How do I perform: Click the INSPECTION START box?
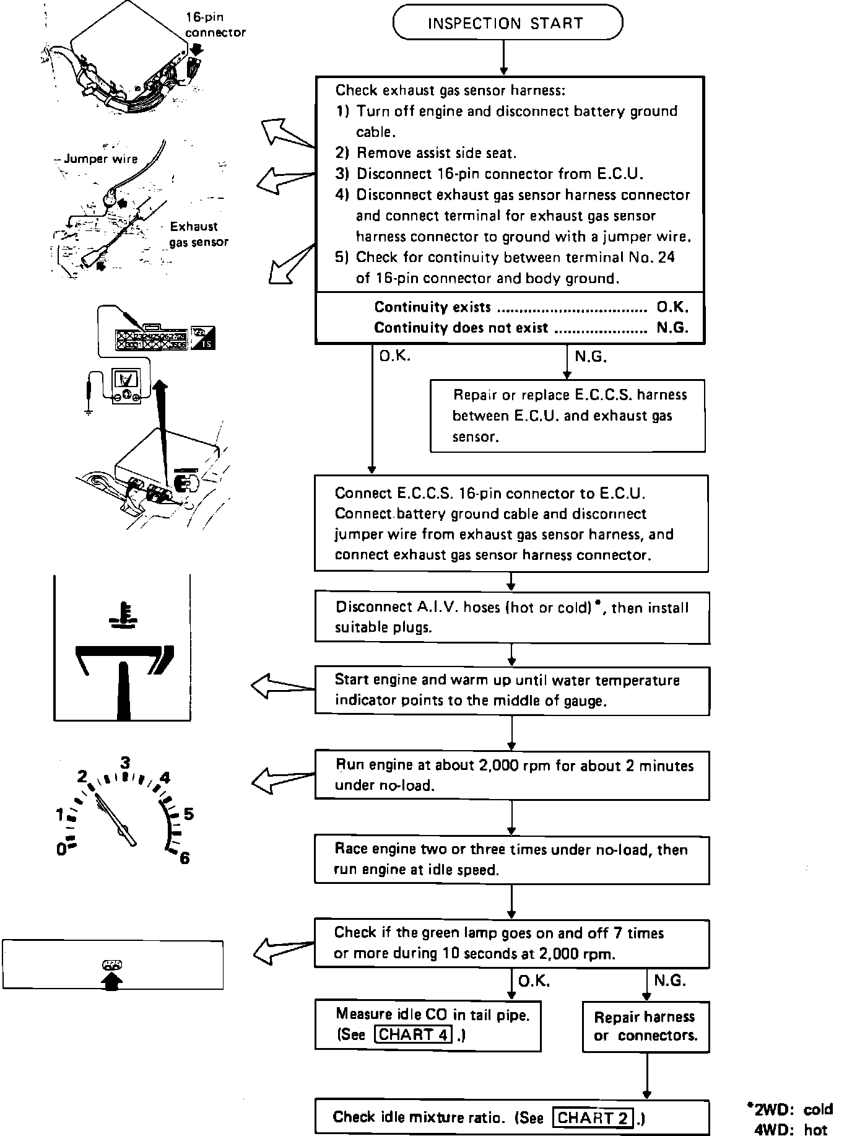point(508,23)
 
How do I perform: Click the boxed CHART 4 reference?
point(414,1035)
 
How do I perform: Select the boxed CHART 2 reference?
point(593,1118)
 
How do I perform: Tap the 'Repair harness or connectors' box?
point(645,1026)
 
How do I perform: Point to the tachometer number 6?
point(185,858)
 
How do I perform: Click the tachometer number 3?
point(125,762)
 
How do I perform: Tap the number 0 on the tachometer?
point(61,849)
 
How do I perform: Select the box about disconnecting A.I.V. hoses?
point(512,618)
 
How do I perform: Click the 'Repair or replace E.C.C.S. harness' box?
point(568,416)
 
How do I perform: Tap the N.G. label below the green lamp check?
point(670,981)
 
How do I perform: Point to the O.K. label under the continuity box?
point(394,356)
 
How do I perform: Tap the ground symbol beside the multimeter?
point(89,409)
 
